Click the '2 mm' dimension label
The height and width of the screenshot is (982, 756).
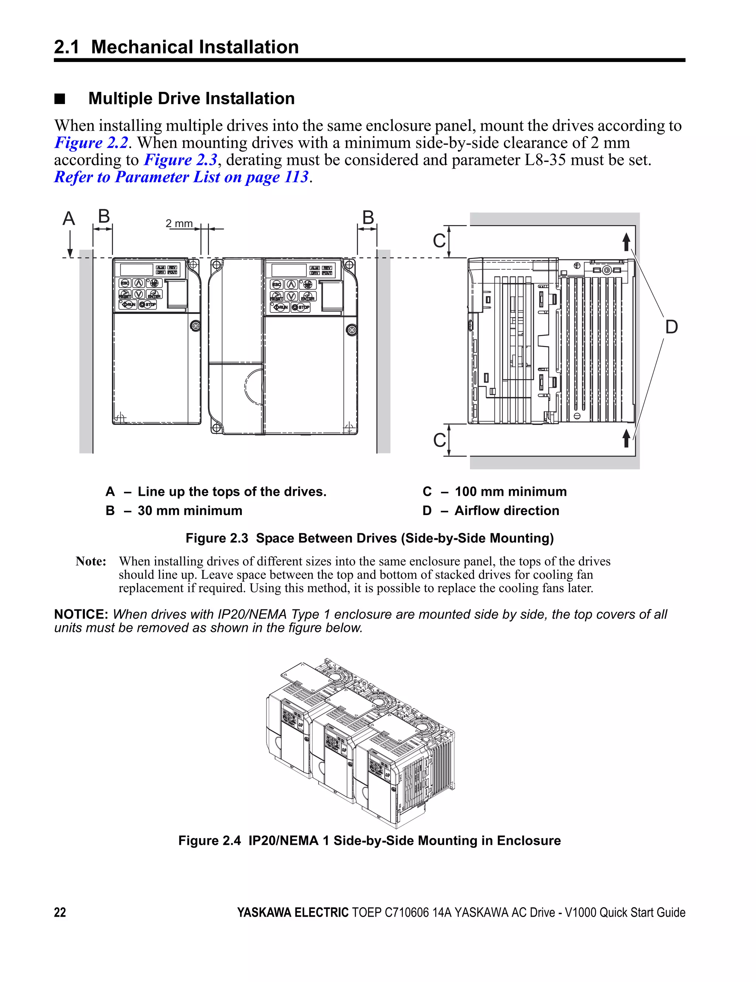coord(179,224)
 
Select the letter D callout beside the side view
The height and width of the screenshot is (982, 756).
coord(671,327)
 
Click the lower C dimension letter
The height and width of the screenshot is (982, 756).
coord(439,440)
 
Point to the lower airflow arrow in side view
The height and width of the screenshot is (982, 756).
coord(626,438)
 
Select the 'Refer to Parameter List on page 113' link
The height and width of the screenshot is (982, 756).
coord(181,177)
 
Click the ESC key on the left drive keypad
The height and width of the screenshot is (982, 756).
coord(125,283)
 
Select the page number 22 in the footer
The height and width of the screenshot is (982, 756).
coord(60,912)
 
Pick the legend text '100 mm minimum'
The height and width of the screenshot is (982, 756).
coord(510,491)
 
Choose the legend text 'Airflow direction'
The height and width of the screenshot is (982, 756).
coord(507,511)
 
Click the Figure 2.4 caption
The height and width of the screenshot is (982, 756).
coord(370,841)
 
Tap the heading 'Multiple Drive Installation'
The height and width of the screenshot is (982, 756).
coord(191,98)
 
